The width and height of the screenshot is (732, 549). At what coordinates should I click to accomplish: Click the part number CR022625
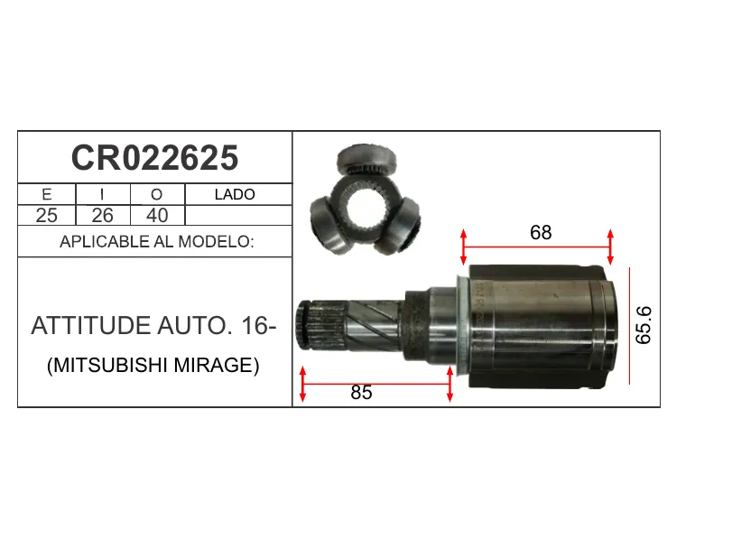154,158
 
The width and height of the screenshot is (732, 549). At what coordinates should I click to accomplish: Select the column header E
47,194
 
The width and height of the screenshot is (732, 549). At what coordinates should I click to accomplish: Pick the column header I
102,194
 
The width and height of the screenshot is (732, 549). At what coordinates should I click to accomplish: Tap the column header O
157,194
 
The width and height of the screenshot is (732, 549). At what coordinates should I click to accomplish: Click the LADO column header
235,194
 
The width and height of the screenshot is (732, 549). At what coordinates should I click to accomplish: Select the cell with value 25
47,215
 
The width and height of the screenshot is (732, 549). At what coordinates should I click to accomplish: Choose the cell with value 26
102,215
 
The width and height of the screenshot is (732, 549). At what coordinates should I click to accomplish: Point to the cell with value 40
157,215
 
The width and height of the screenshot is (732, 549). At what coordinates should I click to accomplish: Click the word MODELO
216,242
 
